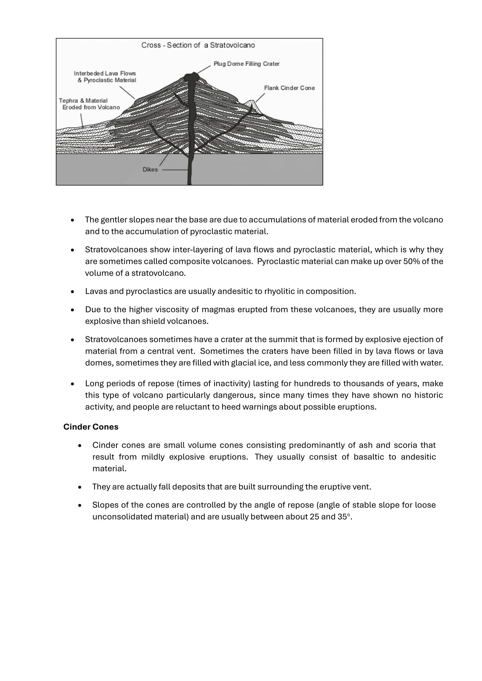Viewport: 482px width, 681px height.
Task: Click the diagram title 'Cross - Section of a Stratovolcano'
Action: (198, 45)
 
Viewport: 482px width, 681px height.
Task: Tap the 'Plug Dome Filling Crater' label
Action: (246, 64)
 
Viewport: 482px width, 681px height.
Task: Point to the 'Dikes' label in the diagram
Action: (150, 170)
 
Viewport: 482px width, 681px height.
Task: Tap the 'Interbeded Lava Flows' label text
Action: (105, 73)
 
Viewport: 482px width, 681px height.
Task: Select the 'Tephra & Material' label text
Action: (83, 101)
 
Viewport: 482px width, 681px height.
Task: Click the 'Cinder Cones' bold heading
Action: (91, 427)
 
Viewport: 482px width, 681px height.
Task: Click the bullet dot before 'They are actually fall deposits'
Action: (80, 487)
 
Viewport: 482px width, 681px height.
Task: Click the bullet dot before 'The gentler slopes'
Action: (72, 220)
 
